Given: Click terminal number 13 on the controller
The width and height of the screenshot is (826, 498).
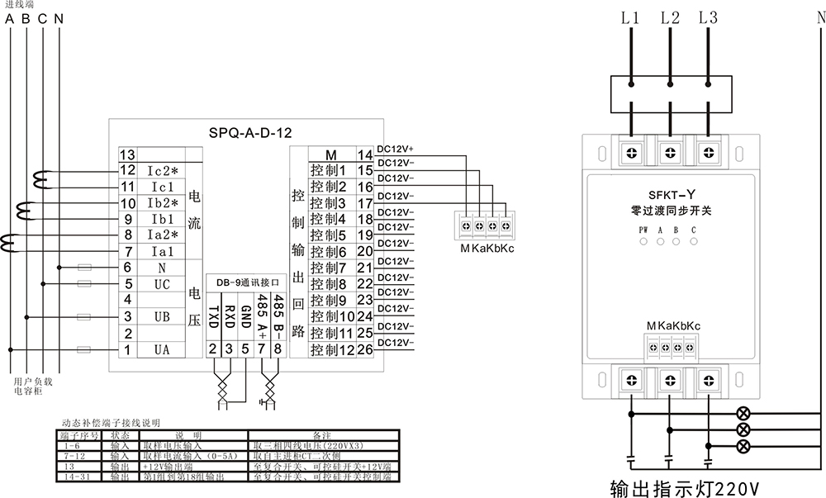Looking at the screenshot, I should [x=127, y=155].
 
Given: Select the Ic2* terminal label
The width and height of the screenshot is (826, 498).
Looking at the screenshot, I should [x=163, y=171].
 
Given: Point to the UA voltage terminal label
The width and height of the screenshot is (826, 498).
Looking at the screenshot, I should [x=162, y=350].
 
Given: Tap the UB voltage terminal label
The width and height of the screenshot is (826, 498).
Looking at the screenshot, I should [x=162, y=316].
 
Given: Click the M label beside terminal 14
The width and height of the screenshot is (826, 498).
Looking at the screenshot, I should [x=331, y=155].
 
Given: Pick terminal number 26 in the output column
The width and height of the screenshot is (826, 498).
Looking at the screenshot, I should [x=365, y=350].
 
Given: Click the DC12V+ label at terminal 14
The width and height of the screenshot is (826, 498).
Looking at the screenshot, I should [x=396, y=149].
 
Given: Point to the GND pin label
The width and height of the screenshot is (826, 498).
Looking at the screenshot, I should [x=245, y=314].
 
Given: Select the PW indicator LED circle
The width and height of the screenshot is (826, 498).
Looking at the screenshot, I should [x=643, y=242].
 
